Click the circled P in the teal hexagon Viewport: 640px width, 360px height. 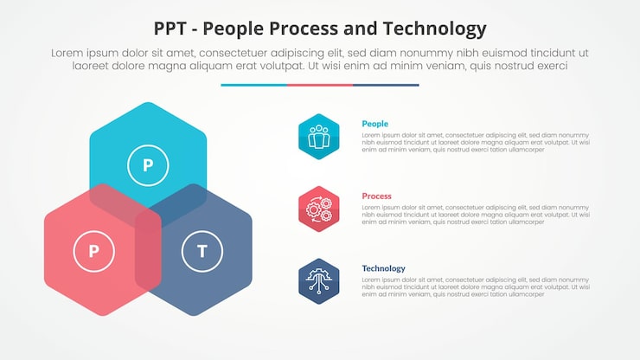point(148,164)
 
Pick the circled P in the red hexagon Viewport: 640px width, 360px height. point(94,252)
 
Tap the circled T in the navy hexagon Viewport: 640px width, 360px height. point(202,252)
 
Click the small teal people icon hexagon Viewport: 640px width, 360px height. point(319,137)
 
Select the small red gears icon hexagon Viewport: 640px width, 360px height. point(319,209)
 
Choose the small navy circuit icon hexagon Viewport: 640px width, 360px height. point(319,281)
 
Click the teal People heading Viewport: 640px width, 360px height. point(374,124)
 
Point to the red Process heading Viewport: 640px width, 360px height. point(376,196)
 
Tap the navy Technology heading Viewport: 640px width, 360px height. point(383,268)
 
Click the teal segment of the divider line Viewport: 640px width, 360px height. point(253,85)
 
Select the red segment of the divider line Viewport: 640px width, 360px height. point(320,85)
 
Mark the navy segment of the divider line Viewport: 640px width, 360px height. point(386,85)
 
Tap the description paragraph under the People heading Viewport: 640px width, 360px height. point(475,143)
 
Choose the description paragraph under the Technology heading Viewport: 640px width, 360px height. point(475,287)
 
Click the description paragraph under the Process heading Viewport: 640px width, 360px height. point(475,215)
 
